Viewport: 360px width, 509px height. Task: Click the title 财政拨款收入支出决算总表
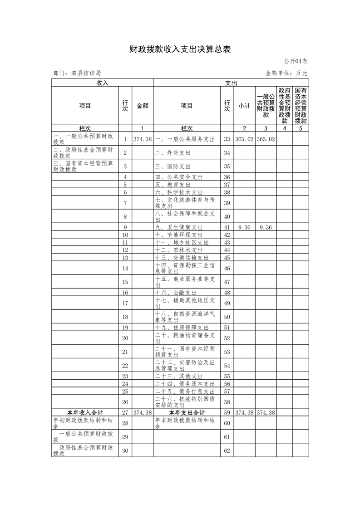click(x=180, y=49)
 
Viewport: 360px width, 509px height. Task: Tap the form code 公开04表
click(x=296, y=61)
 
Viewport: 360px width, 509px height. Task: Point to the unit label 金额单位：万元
click(x=286, y=73)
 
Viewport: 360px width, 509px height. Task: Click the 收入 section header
click(x=102, y=83)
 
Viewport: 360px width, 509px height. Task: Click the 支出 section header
click(x=231, y=83)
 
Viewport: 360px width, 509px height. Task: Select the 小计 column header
click(x=244, y=106)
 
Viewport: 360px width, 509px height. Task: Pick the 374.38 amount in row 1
click(x=143, y=139)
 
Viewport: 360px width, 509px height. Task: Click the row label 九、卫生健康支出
click(x=178, y=227)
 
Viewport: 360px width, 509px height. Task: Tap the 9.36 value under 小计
click(x=244, y=227)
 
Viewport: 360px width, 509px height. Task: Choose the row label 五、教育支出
click(x=173, y=185)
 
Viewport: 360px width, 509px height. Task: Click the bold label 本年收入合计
click(x=85, y=412)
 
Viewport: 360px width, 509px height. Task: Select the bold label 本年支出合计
click(x=187, y=412)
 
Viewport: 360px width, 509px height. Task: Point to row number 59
click(x=227, y=412)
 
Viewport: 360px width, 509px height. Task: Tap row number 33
click(x=227, y=139)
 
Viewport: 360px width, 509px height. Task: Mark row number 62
click(x=227, y=451)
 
